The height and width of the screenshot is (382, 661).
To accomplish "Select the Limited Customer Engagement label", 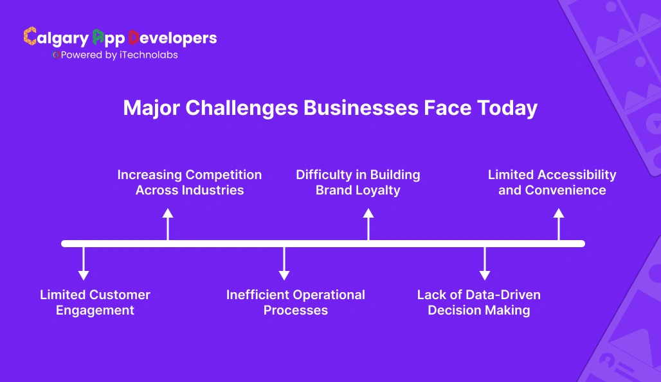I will point(95,302).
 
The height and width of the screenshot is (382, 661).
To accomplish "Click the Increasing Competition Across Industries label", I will point(189,182).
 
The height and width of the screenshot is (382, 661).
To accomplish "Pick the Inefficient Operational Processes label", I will point(295,302).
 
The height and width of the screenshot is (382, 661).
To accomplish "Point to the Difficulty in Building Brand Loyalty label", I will point(358,182).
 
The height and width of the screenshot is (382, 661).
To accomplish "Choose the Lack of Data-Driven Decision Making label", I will point(478,302).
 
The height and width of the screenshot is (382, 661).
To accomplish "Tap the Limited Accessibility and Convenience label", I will point(552,182).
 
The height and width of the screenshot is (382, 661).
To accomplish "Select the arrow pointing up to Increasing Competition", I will point(168,224).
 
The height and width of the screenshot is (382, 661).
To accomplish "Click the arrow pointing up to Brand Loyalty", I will point(368,224).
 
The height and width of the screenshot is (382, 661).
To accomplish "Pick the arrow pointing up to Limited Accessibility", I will point(559,224).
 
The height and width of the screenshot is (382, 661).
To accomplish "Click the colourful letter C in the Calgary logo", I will point(30,37).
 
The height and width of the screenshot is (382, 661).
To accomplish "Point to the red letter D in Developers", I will point(134,37).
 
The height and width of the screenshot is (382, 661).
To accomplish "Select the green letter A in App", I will point(98,37).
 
